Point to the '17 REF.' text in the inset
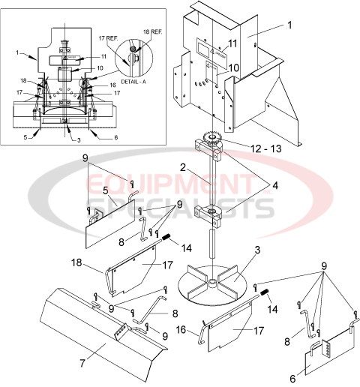pos(108,37)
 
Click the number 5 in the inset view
pos(25,137)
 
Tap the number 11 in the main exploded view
pos(232,44)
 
